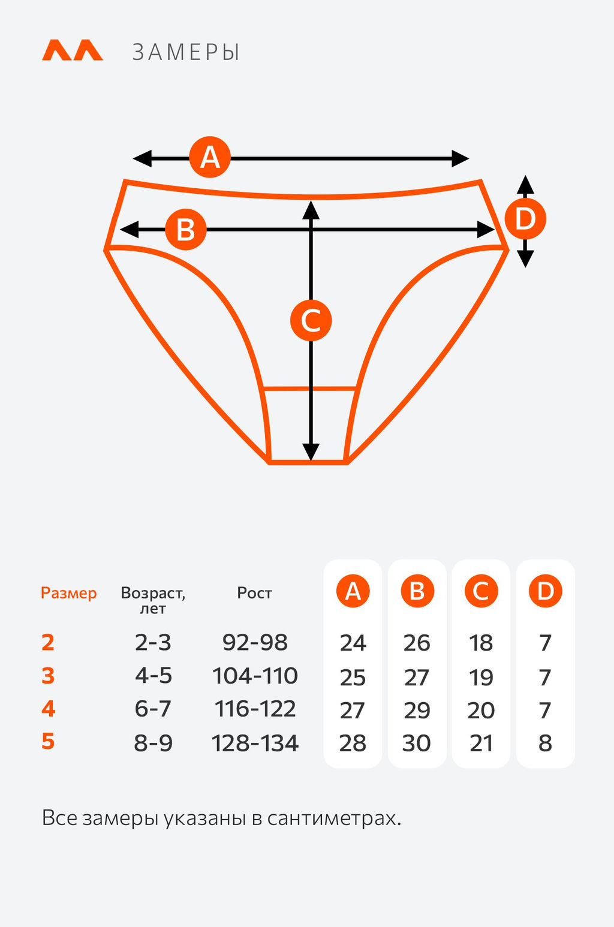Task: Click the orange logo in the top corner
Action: pos(72,50)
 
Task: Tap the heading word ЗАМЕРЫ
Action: pos(186,53)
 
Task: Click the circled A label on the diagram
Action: pos(210,157)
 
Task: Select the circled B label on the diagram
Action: pos(186,230)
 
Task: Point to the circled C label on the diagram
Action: pos(311,320)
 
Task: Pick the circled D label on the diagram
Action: pos(525,219)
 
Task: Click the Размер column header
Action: pos(68,593)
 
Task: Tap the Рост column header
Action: pos(254,593)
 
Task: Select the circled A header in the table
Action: pos(353,591)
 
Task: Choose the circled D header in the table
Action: pos(545,591)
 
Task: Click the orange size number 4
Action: pos(49,709)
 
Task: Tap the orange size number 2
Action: pos(48,642)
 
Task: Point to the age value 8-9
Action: pos(153,743)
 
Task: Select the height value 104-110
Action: pos(255,676)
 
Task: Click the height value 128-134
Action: pos(255,743)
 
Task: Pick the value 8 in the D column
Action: pos(545,743)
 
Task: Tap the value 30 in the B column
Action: pos(417,743)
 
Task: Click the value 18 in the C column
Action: pos(481,643)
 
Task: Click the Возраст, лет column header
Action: pos(153,600)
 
